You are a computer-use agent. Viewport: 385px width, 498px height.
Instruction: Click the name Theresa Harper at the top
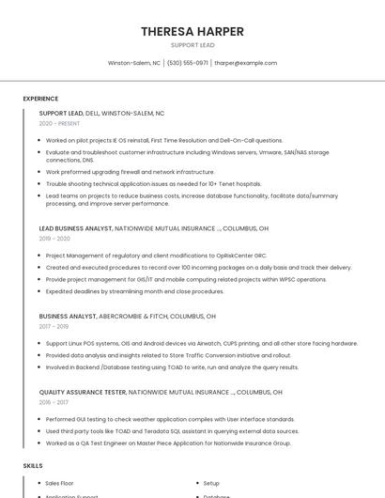pyautogui.click(x=192, y=31)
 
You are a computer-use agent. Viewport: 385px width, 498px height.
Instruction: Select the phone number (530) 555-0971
pyautogui.click(x=187, y=63)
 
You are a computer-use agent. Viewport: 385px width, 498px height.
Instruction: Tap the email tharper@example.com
pyautogui.click(x=245, y=63)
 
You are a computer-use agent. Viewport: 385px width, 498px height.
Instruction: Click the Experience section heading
pyautogui.click(x=40, y=99)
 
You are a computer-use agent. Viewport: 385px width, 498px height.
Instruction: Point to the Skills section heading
pyautogui.click(x=33, y=466)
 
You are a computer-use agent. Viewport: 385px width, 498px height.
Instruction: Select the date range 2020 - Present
pyautogui.click(x=59, y=123)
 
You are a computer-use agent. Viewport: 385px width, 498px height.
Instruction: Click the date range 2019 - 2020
pyautogui.click(x=55, y=239)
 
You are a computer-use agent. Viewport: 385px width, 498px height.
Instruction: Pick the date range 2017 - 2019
pyautogui.click(x=54, y=327)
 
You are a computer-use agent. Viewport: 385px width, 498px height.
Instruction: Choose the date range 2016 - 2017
pyautogui.click(x=54, y=402)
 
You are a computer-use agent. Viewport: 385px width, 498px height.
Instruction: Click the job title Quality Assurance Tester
pyautogui.click(x=83, y=392)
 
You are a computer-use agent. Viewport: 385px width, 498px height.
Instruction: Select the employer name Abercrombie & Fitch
pyautogui.click(x=133, y=317)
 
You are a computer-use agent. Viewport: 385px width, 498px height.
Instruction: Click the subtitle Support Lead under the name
pyautogui.click(x=192, y=45)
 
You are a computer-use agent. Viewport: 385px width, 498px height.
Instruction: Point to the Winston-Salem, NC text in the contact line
pyautogui.click(x=134, y=63)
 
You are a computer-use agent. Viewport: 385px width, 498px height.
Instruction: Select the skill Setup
pyautogui.click(x=211, y=483)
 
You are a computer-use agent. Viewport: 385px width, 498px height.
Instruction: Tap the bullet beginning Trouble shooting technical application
pyautogui.click(x=141, y=184)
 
